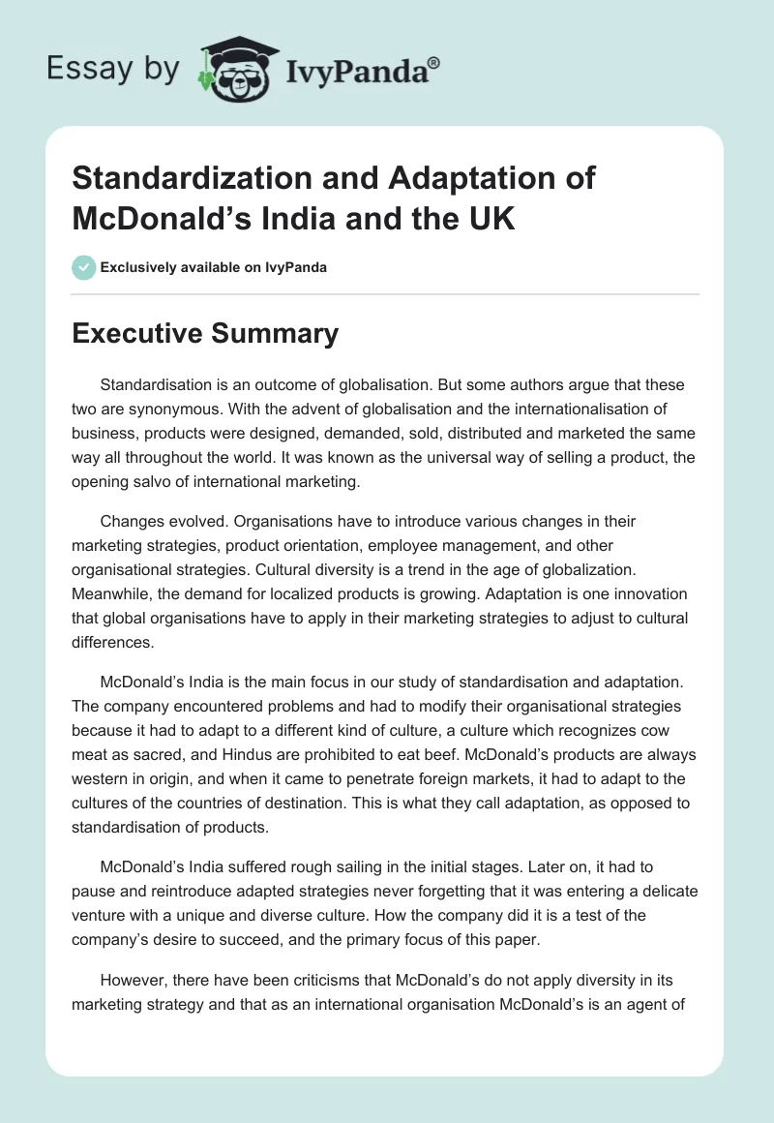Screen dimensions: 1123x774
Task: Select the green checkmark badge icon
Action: coord(84,267)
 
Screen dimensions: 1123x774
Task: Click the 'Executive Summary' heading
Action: coord(205,334)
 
